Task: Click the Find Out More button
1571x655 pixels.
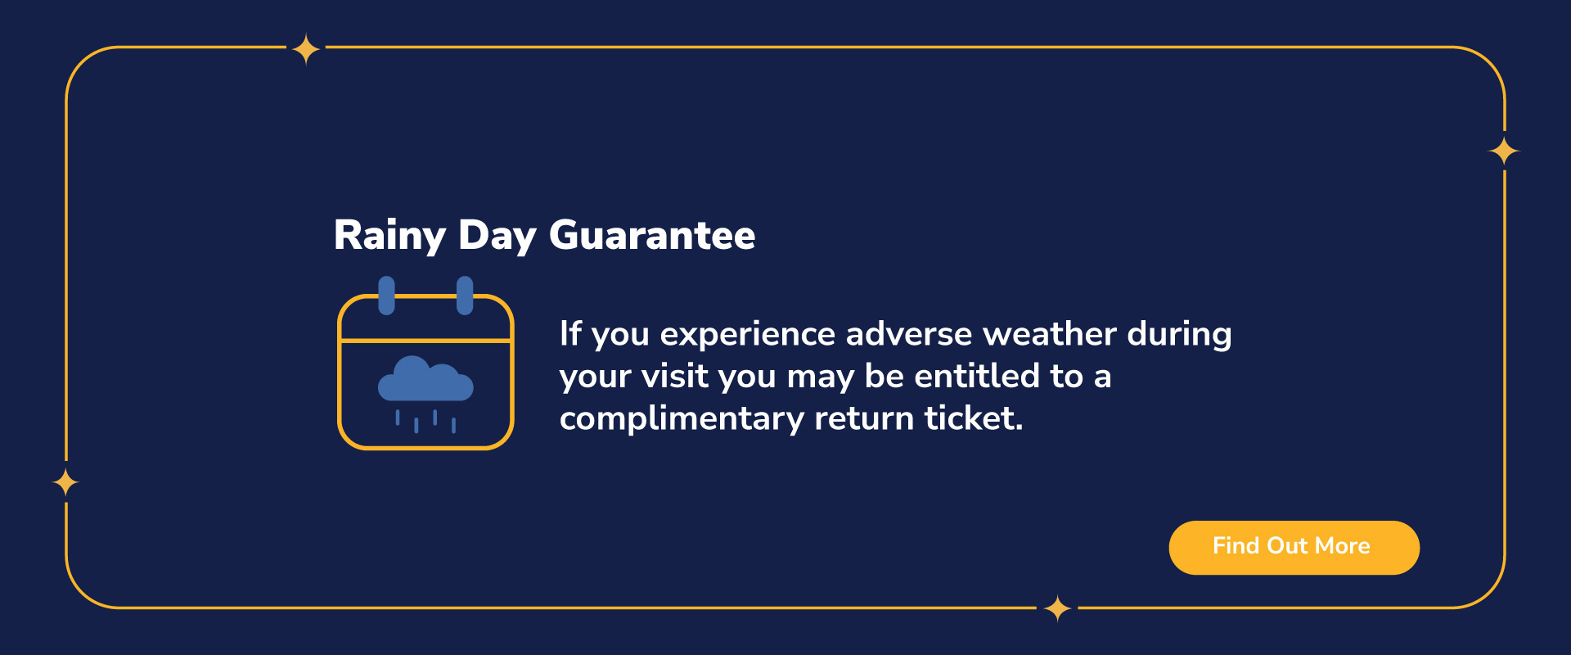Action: click(1294, 547)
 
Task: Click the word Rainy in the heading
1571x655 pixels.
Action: click(389, 236)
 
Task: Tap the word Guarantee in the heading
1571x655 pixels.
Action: click(652, 235)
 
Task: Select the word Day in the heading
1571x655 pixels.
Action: click(497, 236)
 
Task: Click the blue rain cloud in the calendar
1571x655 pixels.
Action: click(425, 379)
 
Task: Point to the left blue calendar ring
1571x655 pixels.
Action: click(386, 296)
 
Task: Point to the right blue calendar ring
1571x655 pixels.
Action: click(465, 296)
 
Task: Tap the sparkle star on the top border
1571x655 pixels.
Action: click(306, 49)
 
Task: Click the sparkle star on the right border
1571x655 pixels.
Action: click(1504, 151)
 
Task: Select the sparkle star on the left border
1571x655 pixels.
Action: click(65, 482)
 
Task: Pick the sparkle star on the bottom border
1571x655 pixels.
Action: click(1058, 608)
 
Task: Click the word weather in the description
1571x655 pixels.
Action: click(1050, 334)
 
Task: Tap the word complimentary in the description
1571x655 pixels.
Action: click(682, 419)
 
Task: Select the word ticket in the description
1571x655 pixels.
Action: click(974, 418)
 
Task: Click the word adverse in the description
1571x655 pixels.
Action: click(909, 334)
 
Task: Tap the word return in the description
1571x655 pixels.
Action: click(864, 419)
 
